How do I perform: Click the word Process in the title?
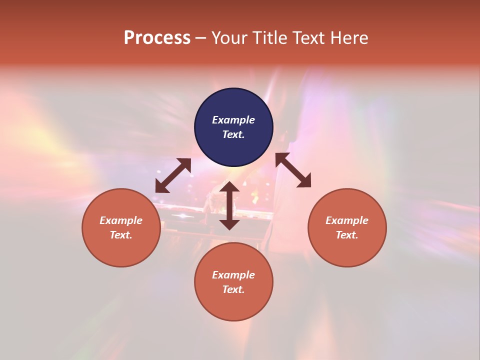pyautogui.click(x=157, y=38)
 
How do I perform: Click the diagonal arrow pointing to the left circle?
pyautogui.click(x=173, y=175)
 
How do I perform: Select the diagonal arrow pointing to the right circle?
pyautogui.click(x=293, y=170)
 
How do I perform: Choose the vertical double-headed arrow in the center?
pyautogui.click(x=229, y=205)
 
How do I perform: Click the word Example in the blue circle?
pyautogui.click(x=233, y=120)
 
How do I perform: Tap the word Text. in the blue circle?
pyautogui.click(x=233, y=134)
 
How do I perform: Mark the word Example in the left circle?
pyautogui.click(x=121, y=220)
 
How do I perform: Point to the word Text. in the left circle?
pyautogui.click(x=121, y=235)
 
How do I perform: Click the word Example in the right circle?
pyautogui.click(x=347, y=220)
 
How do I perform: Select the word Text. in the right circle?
pyautogui.click(x=347, y=235)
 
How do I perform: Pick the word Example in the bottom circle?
pyautogui.click(x=233, y=275)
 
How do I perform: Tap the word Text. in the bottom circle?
pyautogui.click(x=233, y=289)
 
